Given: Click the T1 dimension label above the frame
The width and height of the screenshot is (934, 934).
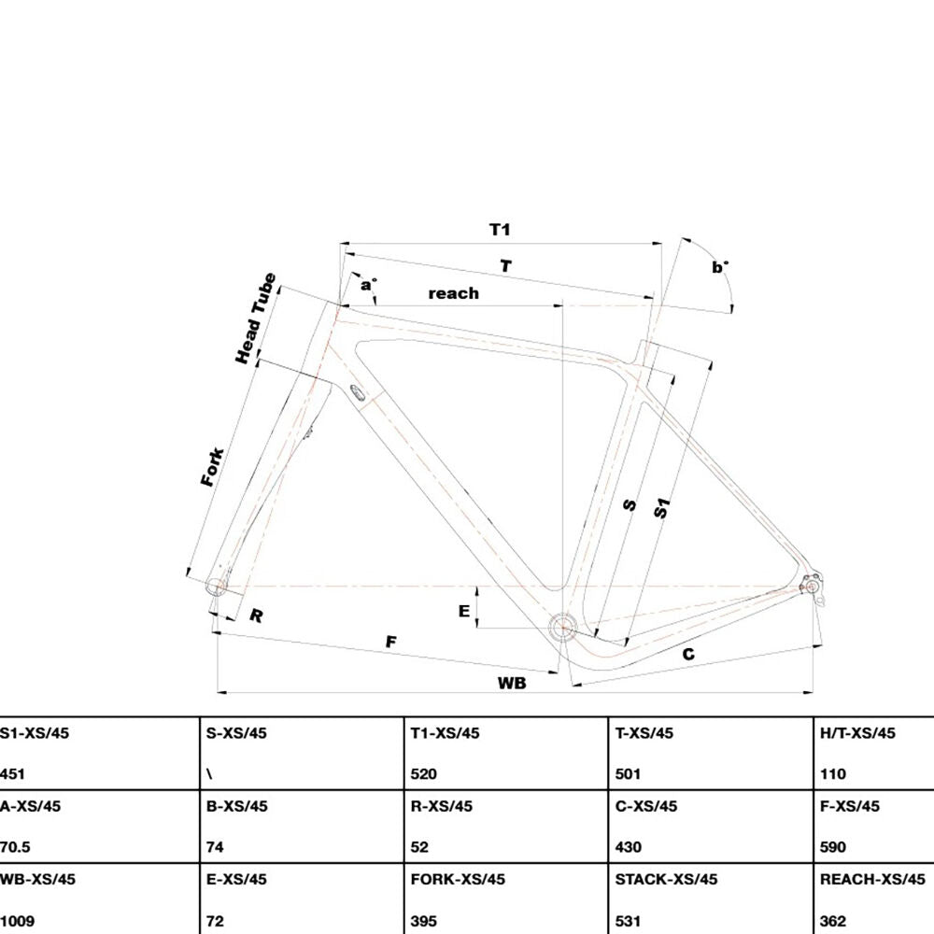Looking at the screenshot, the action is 500,230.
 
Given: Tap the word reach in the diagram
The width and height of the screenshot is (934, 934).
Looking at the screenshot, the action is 453,293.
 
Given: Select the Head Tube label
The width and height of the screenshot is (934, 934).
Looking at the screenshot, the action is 256,318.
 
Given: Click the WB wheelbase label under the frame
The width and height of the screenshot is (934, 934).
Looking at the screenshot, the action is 512,683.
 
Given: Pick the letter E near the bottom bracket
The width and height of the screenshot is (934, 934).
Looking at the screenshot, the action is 464,611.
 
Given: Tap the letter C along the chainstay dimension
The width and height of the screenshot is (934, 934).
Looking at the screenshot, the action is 688,654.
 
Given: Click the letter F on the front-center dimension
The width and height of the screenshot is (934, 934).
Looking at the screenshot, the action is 390,642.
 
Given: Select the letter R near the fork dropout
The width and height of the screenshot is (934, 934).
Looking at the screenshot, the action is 256,616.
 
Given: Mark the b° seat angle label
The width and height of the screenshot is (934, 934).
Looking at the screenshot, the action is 720,267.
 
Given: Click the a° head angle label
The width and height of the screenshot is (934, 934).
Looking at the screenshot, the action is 368,285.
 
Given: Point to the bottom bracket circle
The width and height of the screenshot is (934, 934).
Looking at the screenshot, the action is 562,627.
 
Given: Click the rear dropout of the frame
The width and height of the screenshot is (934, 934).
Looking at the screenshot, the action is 812,587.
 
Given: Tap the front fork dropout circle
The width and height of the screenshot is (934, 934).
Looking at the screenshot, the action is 216,587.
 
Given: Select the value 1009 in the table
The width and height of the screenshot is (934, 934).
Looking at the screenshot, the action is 17,921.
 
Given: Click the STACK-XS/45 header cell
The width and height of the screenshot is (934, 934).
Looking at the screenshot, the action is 666,879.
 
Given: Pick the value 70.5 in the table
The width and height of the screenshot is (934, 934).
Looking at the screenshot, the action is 15,847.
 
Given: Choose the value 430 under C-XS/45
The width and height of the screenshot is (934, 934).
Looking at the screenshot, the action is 629,847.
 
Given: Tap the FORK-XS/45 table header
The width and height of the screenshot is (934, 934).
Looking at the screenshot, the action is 458,879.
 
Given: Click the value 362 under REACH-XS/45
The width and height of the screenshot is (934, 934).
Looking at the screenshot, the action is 833,921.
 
